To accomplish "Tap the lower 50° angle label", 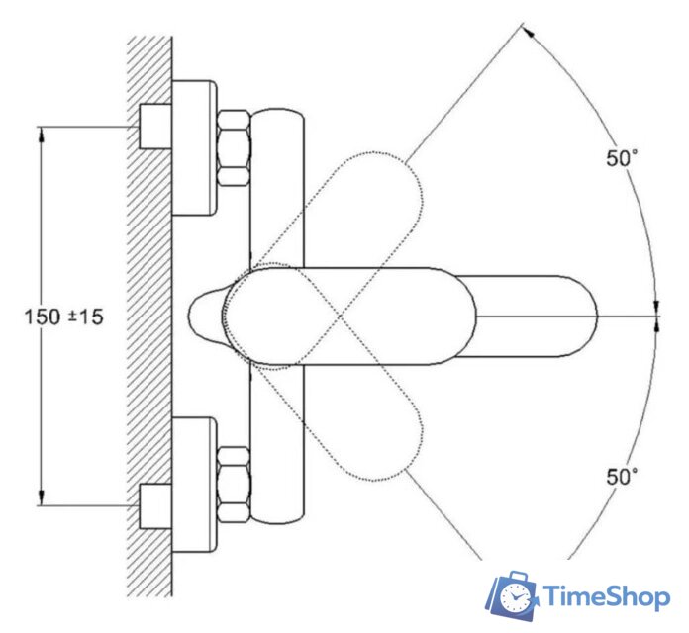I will tap(621, 476).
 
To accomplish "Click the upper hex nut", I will tap(234, 147).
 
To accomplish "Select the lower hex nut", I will tap(234, 485).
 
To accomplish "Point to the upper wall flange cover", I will tap(194, 147).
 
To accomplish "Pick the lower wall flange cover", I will tap(194, 485).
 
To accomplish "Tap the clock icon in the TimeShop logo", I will tap(514, 597).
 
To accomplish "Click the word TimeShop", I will tap(606, 597).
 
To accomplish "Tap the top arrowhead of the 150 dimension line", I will tap(42, 134).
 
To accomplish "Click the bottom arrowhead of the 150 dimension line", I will tap(42, 499).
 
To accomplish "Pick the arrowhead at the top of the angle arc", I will tap(531, 34).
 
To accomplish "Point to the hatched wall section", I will tap(149, 316).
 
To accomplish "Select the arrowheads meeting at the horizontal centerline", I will tap(656, 316).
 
